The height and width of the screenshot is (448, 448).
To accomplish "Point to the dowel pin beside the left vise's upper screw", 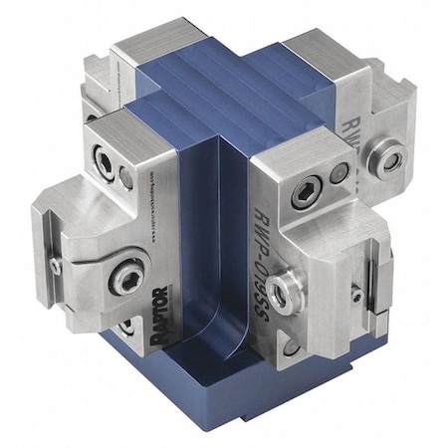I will [x=126, y=178].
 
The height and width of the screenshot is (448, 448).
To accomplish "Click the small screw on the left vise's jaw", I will [x=57, y=266].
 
